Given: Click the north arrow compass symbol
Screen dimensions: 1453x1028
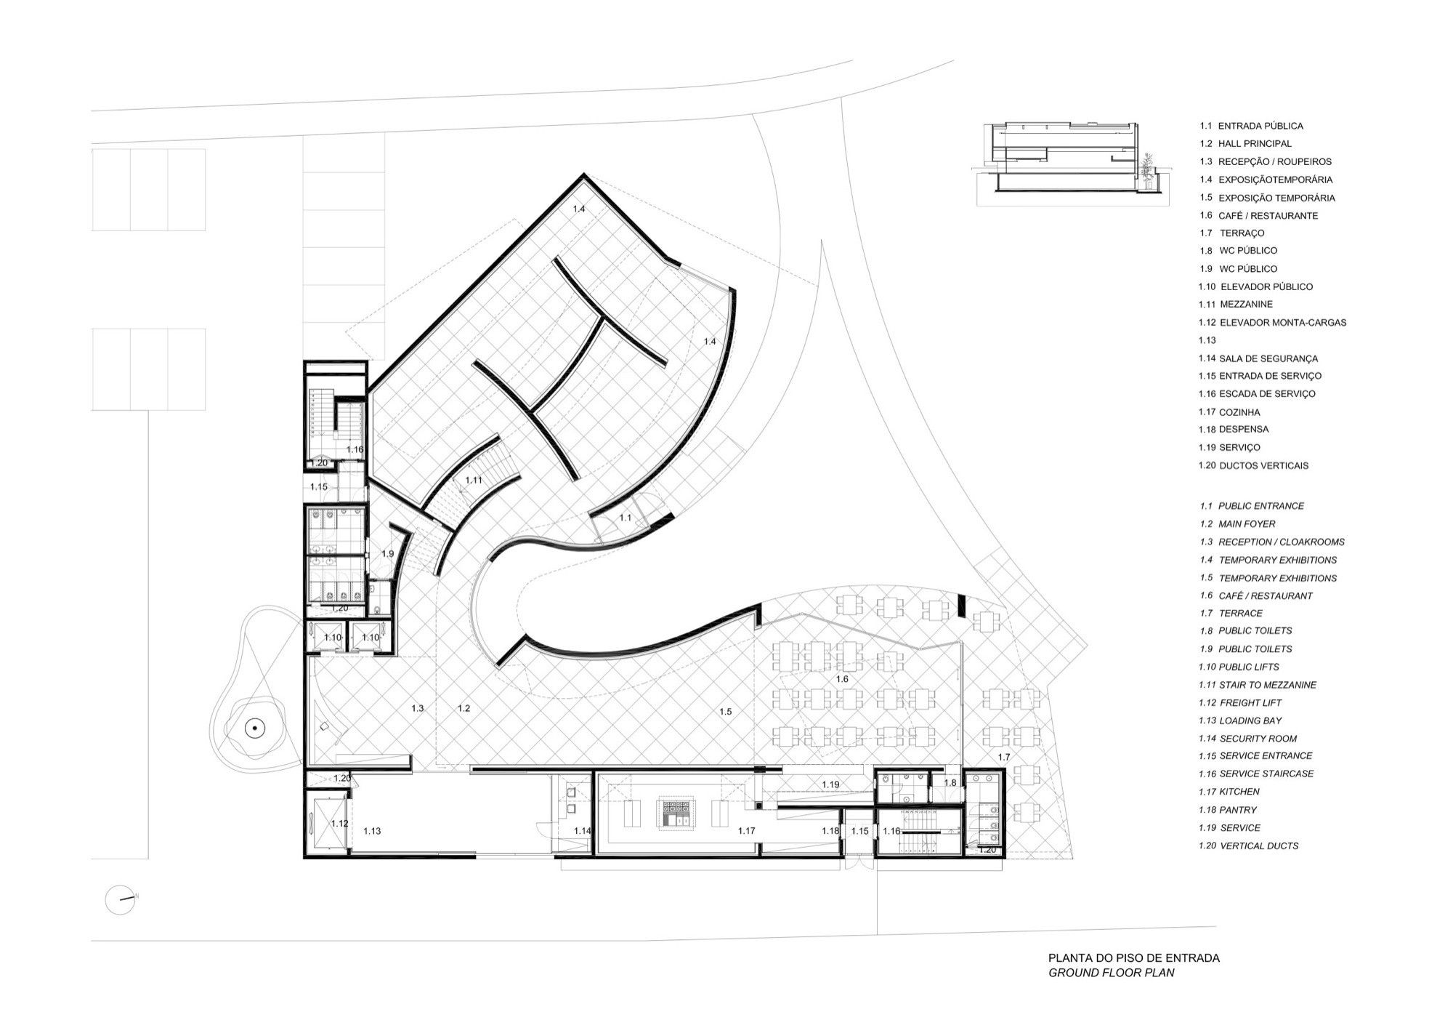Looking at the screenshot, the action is tap(121, 899).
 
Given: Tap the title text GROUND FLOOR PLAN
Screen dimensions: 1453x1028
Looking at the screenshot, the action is tap(1111, 972).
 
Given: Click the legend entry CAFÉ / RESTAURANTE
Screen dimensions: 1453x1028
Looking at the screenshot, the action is tap(1258, 215).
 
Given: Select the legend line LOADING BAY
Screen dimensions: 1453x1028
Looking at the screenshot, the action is tap(1240, 720).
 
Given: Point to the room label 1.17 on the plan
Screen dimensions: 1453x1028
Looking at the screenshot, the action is tap(746, 830).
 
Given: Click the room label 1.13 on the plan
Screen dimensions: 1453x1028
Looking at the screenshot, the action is tap(372, 830).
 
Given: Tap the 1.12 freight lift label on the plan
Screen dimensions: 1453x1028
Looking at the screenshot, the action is tap(339, 823).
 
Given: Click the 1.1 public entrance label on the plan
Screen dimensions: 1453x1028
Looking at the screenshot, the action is tap(626, 518).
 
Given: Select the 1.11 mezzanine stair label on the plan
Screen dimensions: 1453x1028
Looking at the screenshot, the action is tap(474, 480).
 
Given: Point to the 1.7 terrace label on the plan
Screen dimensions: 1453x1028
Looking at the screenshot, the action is tap(1003, 757).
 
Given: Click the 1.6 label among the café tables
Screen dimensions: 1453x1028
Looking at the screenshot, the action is tap(842, 678).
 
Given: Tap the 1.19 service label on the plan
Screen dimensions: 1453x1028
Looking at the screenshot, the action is tap(831, 784).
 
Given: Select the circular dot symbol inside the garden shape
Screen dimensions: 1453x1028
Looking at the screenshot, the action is tap(255, 726).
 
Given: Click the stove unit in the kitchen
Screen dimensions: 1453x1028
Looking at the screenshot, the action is tap(676, 814).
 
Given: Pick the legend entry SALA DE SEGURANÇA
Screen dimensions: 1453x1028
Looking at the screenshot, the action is tap(1258, 358).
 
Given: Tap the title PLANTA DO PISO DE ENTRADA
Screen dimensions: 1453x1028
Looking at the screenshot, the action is tap(1133, 957).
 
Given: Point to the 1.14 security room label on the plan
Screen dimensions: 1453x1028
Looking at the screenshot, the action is tap(583, 830).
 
